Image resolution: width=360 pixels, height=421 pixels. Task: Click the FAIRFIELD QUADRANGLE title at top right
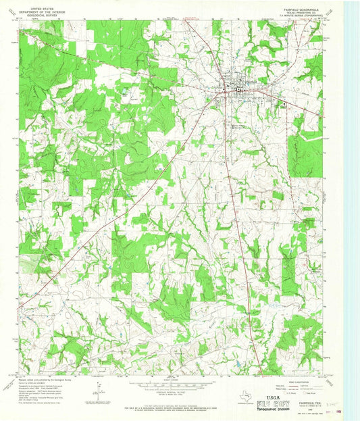coord(303,5)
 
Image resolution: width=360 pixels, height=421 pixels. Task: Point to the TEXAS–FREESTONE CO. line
coord(303,8)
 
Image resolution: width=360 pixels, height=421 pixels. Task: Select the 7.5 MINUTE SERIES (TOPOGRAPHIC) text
coord(303,12)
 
